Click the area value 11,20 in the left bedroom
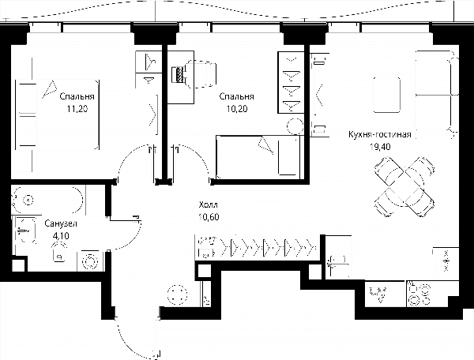77,108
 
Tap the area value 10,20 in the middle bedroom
237,108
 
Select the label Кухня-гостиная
380,134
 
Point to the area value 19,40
380,147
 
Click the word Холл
209,205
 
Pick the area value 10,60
209,217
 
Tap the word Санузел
61,223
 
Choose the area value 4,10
61,235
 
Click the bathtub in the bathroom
47,201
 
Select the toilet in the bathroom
59,252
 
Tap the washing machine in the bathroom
90,261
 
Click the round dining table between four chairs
404,186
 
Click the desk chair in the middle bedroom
201,74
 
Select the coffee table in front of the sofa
387,95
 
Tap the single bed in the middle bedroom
258,157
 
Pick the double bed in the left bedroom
57,114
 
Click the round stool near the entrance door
177,294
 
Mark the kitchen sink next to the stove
378,293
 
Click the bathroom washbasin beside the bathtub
25,231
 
